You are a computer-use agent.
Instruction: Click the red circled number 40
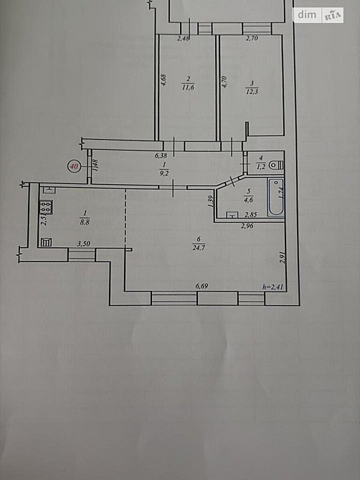74,165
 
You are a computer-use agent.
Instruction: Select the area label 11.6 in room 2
189,87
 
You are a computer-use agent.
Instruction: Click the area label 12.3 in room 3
250,87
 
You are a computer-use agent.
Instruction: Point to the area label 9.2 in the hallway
164,172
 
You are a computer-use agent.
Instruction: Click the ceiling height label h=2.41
273,287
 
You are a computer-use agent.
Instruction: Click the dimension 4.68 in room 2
164,81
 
